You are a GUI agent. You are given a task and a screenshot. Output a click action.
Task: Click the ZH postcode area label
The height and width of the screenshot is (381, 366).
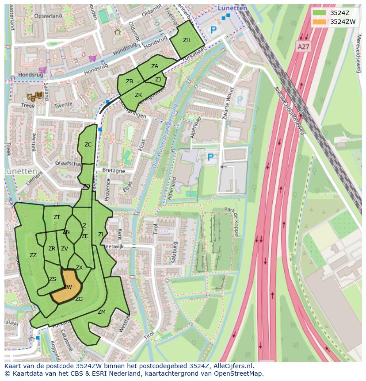point(187,40)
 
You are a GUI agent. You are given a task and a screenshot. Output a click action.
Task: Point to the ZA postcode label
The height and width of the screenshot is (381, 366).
point(155,66)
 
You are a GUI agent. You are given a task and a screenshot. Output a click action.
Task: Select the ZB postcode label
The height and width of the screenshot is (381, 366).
point(130,81)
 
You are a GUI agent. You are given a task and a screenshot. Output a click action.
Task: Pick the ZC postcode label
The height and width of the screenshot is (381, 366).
point(88,145)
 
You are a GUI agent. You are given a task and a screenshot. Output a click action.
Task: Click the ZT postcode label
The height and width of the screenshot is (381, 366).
point(57,217)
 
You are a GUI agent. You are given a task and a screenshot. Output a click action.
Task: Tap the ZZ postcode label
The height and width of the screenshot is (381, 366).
point(33,255)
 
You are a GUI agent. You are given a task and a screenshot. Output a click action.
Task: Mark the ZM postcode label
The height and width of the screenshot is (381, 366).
point(102,312)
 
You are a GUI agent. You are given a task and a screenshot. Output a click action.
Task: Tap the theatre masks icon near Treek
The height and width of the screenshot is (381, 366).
point(31,96)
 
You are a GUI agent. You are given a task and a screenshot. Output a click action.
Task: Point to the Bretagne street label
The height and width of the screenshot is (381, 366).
point(114,171)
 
